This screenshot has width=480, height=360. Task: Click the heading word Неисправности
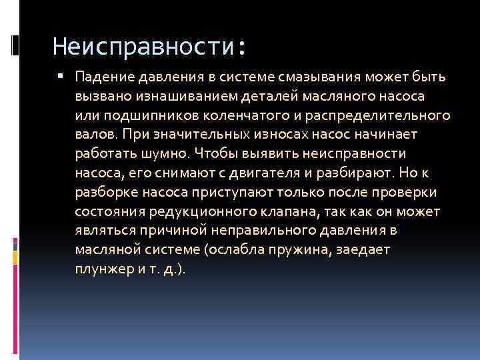click(144, 47)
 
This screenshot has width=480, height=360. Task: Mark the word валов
click(94, 135)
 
